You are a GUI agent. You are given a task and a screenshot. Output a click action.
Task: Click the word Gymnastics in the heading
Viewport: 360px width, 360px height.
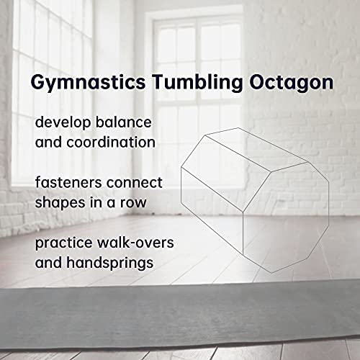(88, 83)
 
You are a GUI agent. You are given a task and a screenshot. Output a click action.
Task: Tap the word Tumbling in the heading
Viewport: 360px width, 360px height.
(197, 81)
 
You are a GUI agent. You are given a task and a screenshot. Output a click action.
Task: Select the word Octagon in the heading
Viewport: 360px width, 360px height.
(292, 83)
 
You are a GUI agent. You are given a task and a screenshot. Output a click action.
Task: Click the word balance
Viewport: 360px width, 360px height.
(124, 122)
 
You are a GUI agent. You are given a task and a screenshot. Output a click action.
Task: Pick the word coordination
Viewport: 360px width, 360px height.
(111, 142)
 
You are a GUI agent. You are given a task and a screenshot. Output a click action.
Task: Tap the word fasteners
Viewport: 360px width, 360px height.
(68, 182)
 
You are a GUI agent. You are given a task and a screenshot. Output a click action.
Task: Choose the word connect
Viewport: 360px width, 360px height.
(135, 183)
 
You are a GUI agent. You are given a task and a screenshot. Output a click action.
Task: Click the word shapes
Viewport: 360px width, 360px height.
(60, 203)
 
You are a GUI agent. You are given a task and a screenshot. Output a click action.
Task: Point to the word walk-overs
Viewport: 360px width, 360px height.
(135, 243)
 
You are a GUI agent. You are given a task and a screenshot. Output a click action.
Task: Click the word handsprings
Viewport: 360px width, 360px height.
(110, 263)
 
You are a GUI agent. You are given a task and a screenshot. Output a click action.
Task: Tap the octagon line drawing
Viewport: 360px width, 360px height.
(255, 200)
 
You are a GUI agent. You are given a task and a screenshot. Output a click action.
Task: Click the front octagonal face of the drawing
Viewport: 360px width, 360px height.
(286, 217)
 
